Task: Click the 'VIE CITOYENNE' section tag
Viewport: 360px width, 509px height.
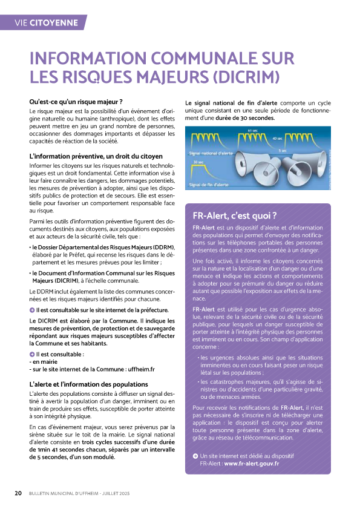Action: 46,23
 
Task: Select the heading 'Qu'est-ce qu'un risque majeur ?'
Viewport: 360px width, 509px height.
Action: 76,101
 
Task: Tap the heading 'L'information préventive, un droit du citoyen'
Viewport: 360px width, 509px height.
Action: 96,157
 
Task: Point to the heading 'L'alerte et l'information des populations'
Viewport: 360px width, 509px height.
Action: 88,384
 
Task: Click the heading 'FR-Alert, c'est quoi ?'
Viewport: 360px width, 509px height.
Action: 234,215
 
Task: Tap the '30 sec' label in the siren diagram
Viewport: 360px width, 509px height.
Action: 198,162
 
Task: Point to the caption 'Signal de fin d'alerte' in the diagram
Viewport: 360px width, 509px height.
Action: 209,184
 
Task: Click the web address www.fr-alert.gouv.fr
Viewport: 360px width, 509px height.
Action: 251,463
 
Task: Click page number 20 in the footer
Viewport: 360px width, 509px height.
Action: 19,493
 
